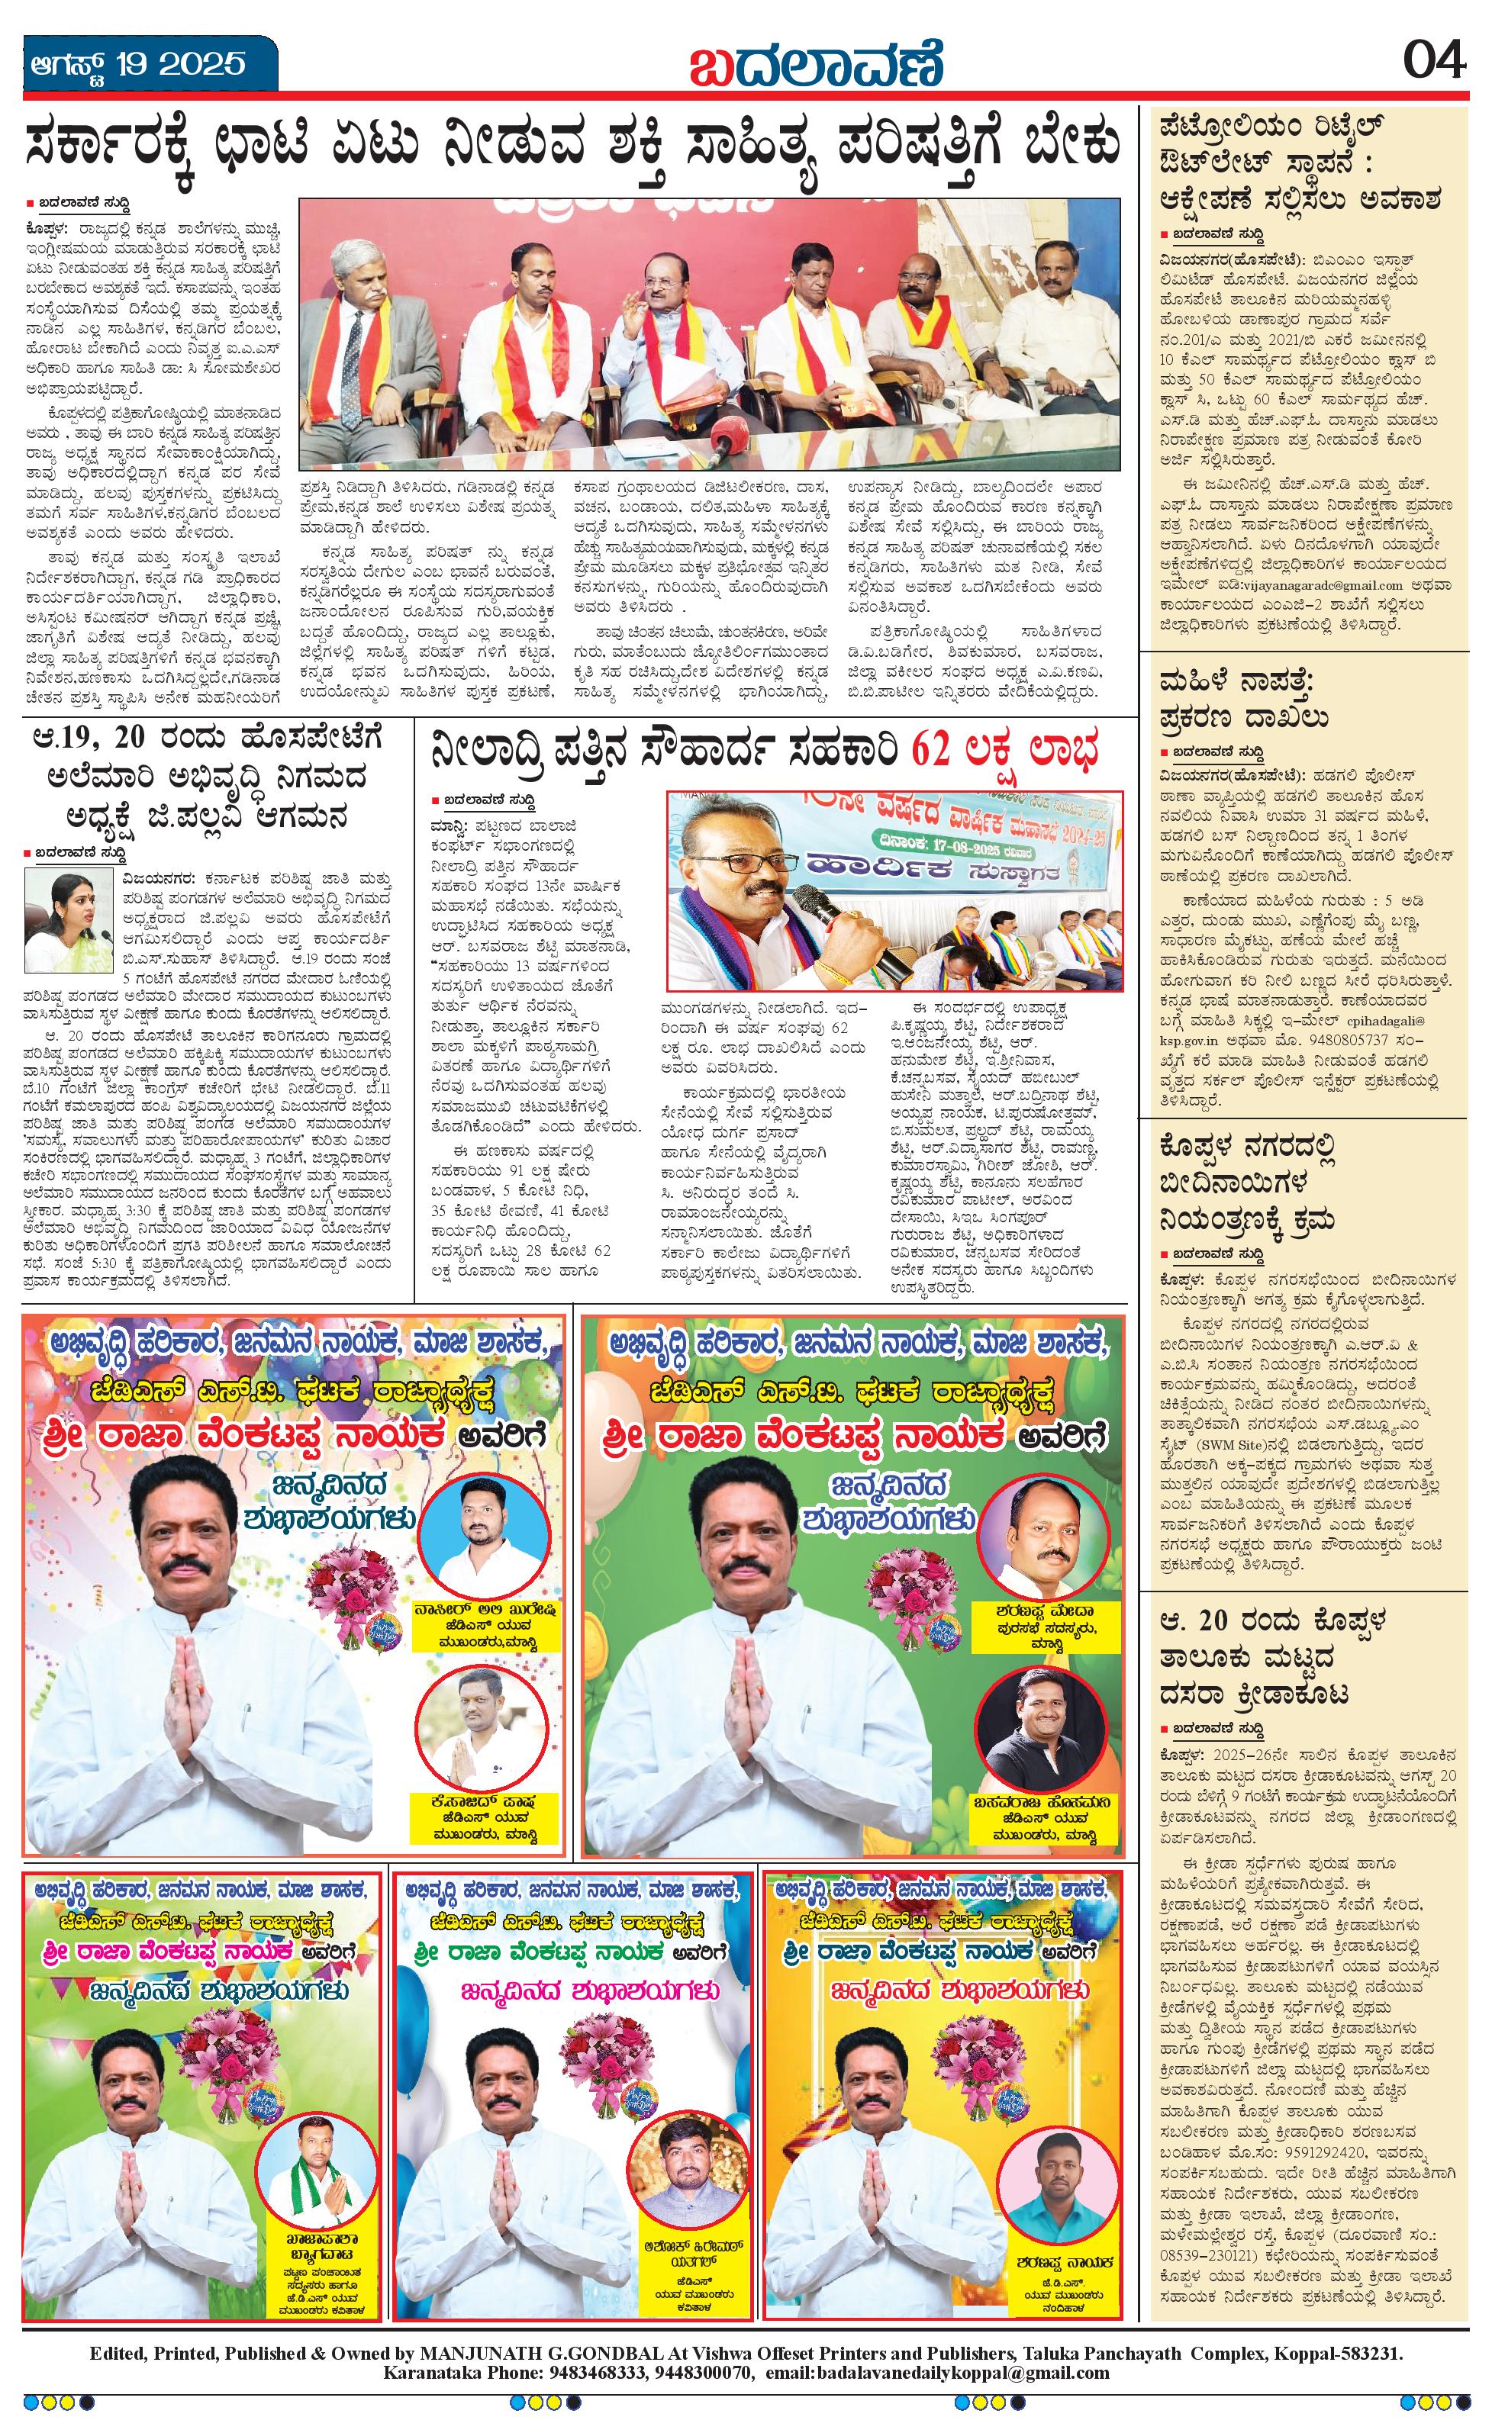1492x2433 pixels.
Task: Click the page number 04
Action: tap(1434, 63)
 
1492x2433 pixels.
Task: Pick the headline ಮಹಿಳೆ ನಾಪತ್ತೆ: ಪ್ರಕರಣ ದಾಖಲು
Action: tap(1243, 699)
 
